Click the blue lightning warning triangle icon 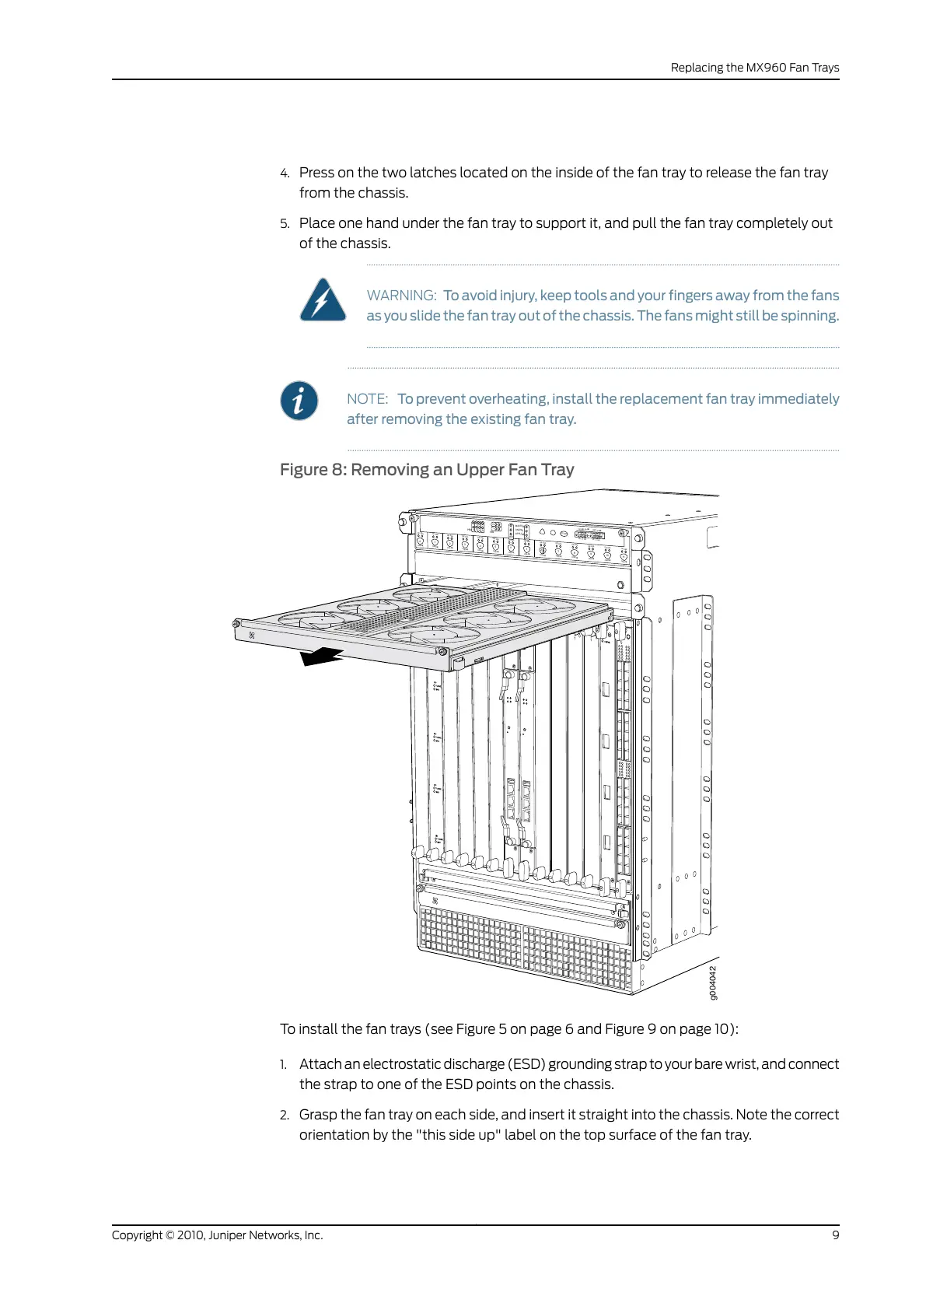pyautogui.click(x=323, y=301)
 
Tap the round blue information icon pyautogui.click(x=299, y=401)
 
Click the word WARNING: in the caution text pyautogui.click(x=401, y=296)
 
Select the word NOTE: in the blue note pyautogui.click(x=367, y=399)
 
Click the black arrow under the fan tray pyautogui.click(x=322, y=657)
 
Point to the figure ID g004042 pyautogui.click(x=714, y=982)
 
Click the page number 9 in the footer pyautogui.click(x=836, y=1235)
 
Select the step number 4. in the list pyautogui.click(x=285, y=173)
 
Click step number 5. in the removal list pyautogui.click(x=285, y=224)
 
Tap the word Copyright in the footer pyautogui.click(x=137, y=1235)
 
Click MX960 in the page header pyautogui.click(x=766, y=68)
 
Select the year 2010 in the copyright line pyautogui.click(x=190, y=1235)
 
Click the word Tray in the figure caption pyautogui.click(x=557, y=470)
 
